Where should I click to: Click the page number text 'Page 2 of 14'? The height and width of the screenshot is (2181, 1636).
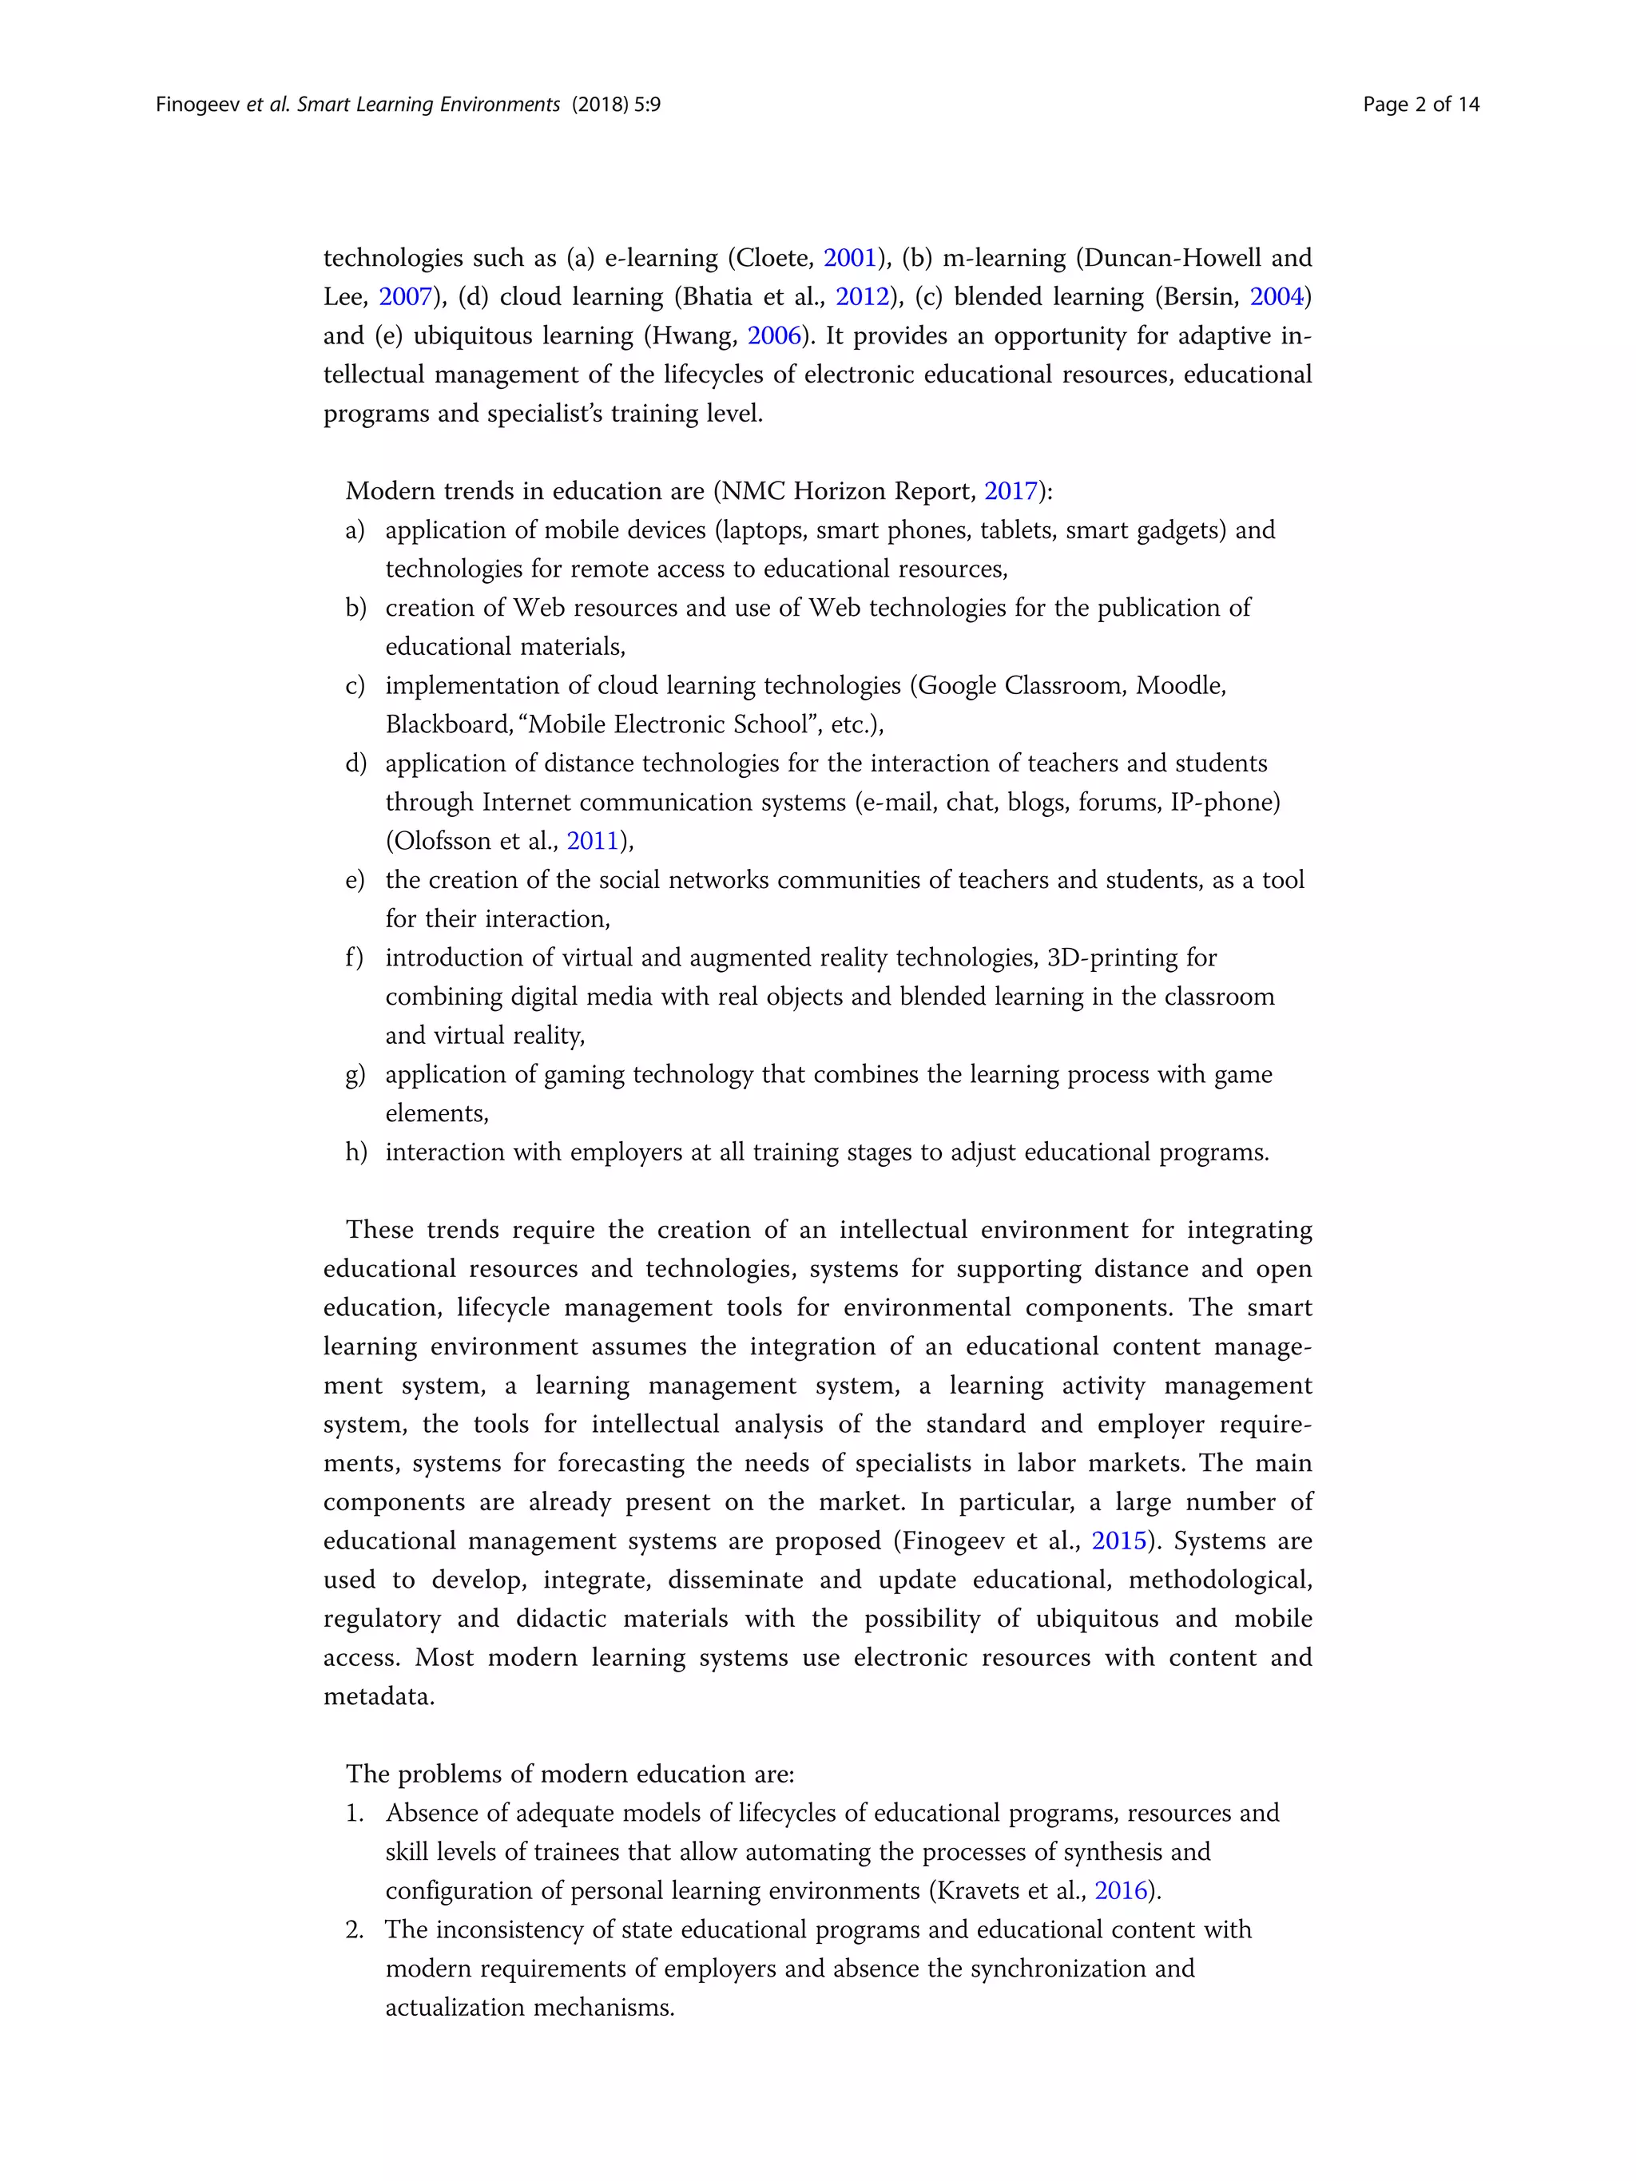[x=1420, y=105]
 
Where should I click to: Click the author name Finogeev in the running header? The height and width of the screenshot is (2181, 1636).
[x=197, y=105]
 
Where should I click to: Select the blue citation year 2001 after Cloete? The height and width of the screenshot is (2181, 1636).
[x=849, y=258]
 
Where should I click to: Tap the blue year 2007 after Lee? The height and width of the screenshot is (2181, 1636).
[x=405, y=297]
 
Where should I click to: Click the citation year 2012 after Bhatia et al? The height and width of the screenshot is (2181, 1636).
[x=862, y=297]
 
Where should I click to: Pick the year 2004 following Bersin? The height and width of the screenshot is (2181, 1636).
[x=1276, y=297]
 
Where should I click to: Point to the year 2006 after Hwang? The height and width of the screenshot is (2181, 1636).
[x=774, y=336]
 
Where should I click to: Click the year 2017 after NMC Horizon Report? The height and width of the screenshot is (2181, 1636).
[x=1011, y=491]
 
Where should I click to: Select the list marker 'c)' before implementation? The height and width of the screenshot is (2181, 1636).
[x=355, y=685]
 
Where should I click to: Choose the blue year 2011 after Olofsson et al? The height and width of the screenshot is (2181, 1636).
[x=592, y=841]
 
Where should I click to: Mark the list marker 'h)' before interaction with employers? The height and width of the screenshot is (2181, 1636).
[x=355, y=1152]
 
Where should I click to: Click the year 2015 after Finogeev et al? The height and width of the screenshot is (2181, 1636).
[x=1118, y=1541]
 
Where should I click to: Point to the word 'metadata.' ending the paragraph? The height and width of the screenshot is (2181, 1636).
[x=379, y=1697]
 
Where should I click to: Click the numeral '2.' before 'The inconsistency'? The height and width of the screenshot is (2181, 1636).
[x=354, y=1929]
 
